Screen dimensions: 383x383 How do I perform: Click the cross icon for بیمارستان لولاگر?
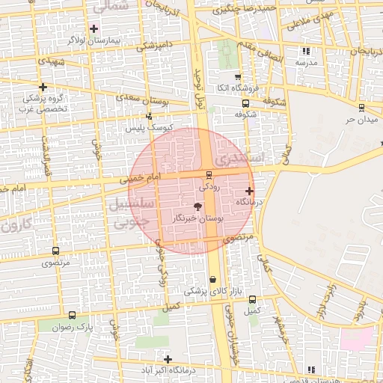94,29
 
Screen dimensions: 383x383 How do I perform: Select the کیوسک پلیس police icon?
150,116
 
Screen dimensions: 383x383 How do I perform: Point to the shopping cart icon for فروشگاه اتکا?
237,77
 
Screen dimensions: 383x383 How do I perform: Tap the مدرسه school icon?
305,52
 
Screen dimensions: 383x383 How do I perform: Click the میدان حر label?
358,119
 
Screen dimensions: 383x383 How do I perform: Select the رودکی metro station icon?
208,175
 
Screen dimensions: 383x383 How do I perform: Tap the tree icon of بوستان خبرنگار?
197,206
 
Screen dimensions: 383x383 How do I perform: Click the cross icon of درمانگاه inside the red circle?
249,191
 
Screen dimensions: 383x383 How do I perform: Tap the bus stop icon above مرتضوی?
55,251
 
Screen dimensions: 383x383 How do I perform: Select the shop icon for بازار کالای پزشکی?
213,279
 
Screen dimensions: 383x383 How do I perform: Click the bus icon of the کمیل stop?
252,299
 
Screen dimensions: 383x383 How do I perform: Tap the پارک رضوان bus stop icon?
72,315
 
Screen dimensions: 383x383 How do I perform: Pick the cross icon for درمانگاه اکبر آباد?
168,359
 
